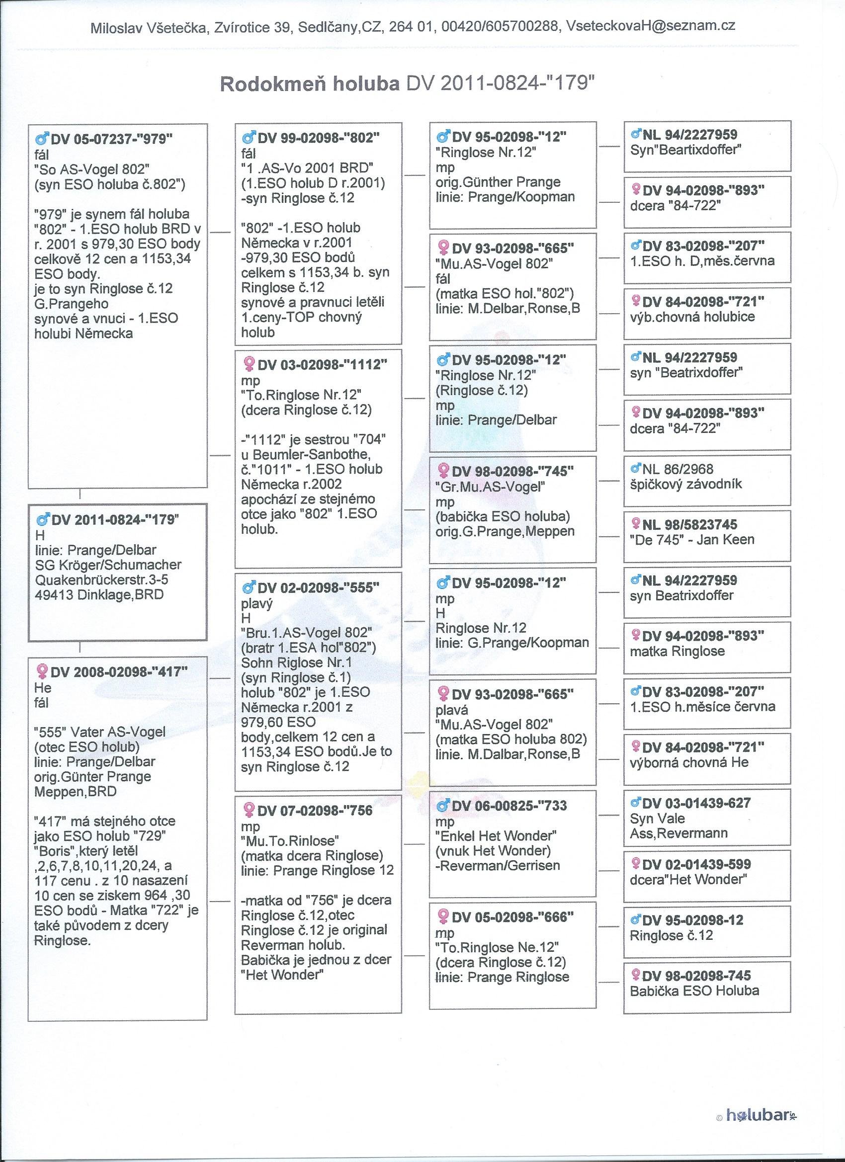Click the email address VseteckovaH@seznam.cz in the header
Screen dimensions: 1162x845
(x=650, y=27)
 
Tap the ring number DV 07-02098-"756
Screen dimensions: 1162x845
(x=314, y=811)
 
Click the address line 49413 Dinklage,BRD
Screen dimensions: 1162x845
(x=98, y=595)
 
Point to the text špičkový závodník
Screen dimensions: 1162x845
(x=685, y=484)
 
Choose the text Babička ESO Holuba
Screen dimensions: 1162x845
(x=694, y=991)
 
